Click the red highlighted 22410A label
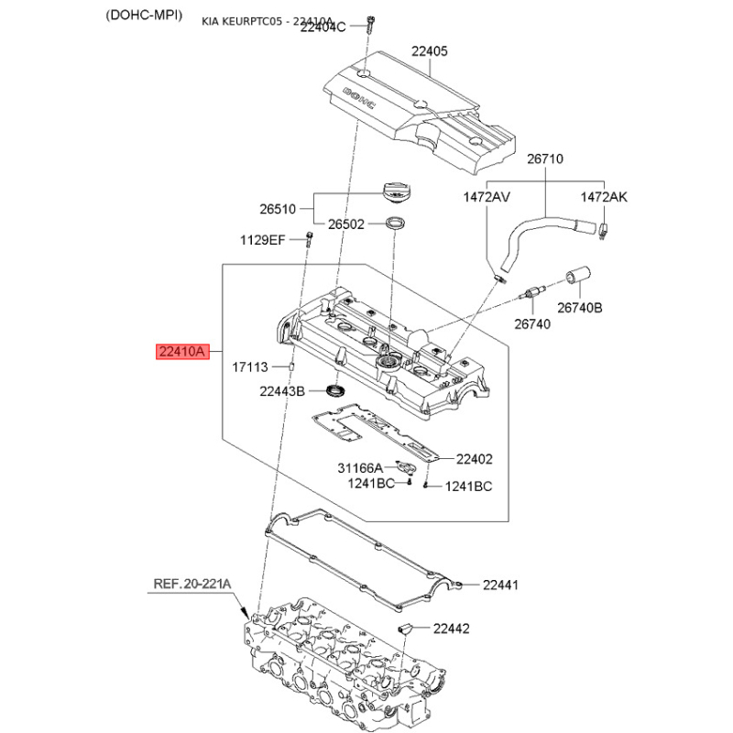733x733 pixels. [x=182, y=351]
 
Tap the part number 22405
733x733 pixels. [x=429, y=51]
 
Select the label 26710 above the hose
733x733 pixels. [x=545, y=159]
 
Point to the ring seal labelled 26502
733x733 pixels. [x=395, y=223]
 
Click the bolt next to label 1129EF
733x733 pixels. [x=309, y=239]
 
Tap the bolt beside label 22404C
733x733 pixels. [x=370, y=25]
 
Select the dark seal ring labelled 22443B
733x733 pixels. [x=336, y=390]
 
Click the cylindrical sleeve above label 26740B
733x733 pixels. [x=578, y=276]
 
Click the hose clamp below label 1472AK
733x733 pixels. [x=603, y=231]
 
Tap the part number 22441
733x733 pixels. [x=500, y=585]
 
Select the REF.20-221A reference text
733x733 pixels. [x=192, y=584]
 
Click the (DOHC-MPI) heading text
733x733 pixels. [x=144, y=16]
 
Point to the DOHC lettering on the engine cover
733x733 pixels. [x=359, y=99]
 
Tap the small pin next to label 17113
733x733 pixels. [x=291, y=366]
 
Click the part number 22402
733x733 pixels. [x=474, y=459]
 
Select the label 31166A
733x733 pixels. [x=360, y=468]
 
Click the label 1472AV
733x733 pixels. [x=487, y=197]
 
